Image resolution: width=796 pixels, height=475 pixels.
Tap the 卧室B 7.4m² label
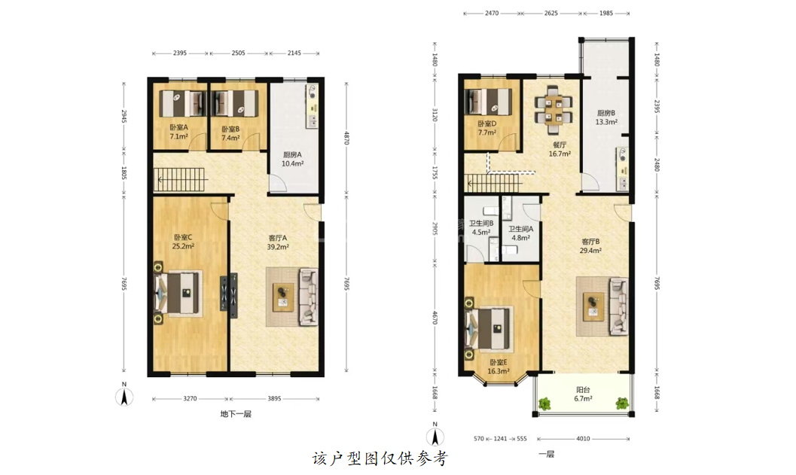coord(230,133)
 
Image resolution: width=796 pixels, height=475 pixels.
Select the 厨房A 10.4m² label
coord(292,160)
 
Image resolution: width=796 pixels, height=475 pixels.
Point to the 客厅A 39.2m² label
coord(278,242)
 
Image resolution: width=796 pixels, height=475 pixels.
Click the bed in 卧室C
coord(177,294)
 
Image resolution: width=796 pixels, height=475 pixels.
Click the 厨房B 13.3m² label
coord(606,117)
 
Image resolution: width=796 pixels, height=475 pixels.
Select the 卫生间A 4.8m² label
coord(521,233)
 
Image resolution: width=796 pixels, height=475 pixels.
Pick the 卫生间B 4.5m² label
coord(481,228)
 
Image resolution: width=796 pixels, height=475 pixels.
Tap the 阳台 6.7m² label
coord(584,394)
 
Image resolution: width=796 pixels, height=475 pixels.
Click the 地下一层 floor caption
coord(236,414)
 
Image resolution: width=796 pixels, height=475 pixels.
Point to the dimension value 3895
coord(274,399)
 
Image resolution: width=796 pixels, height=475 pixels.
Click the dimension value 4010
coord(583,439)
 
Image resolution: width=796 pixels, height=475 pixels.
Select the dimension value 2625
coord(550,14)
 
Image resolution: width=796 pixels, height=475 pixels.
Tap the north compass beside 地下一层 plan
coord(124,394)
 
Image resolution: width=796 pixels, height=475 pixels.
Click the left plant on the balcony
coord(544,404)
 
